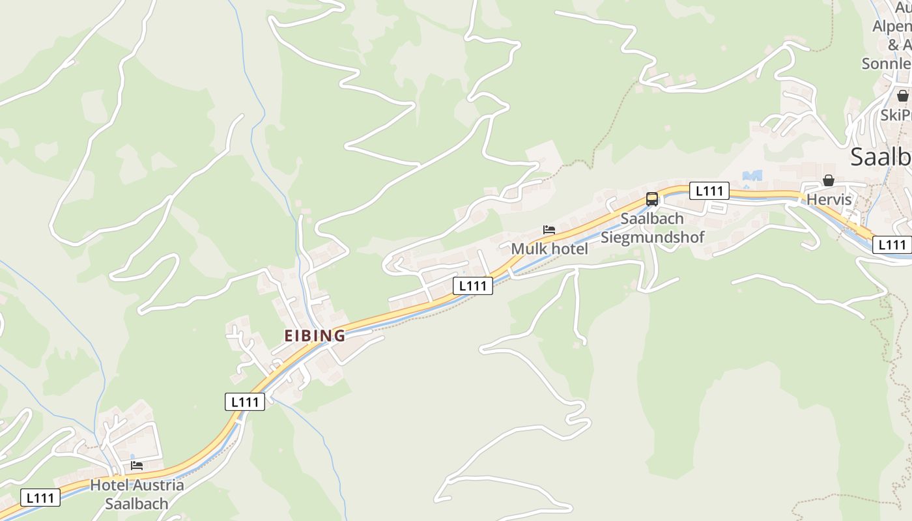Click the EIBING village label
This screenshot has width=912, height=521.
coord(315,335)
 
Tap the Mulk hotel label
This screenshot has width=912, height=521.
coord(549,248)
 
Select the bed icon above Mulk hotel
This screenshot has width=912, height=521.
coord(549,230)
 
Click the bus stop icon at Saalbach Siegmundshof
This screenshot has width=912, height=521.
coord(651,199)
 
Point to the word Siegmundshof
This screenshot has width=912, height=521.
coord(652,237)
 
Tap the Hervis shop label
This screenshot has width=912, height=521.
coord(829,199)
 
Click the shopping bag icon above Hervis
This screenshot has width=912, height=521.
coord(829,180)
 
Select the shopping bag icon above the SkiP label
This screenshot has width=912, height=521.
coord(902,96)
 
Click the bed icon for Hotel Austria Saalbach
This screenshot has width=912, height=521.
coord(137,466)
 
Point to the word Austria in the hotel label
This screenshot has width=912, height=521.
coord(158,485)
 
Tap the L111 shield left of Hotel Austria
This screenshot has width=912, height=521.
coord(40,498)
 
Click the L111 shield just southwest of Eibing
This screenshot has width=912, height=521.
coord(245,402)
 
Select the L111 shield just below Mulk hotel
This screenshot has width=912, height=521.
coord(473,285)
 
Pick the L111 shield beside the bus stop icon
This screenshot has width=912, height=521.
coord(709,191)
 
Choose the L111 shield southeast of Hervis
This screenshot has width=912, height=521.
coord(891,245)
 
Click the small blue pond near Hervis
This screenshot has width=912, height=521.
coord(752,176)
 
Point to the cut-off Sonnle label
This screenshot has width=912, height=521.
coord(886,64)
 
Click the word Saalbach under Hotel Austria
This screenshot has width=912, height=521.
coord(137,503)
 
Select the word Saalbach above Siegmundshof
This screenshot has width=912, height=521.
coord(651,218)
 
